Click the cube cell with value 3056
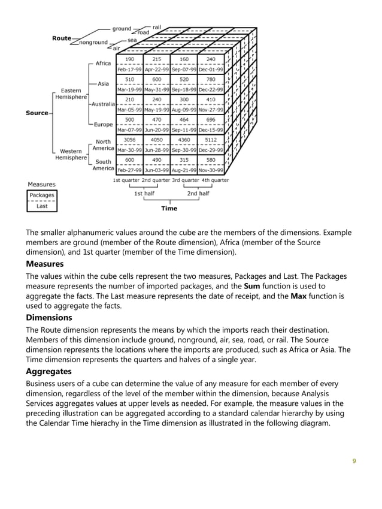point(129,139)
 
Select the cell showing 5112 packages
point(211,139)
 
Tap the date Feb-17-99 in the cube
point(129,69)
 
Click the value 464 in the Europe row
point(184,119)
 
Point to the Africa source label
point(103,64)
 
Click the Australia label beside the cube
point(102,104)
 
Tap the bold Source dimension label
point(37,113)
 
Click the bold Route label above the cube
point(61,38)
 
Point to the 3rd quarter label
point(185,180)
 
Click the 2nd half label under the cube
point(198,194)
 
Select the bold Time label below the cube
point(169,209)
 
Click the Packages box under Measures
point(42,195)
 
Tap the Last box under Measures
point(42,206)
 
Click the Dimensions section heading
point(49,318)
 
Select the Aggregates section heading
point(48,372)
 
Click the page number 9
point(354,461)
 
